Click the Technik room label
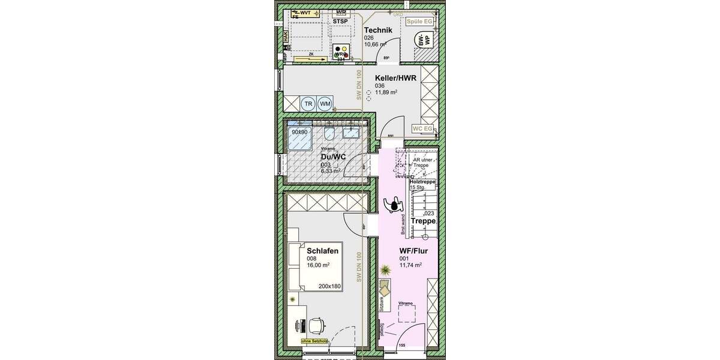click(x=378, y=30)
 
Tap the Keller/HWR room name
click(x=395, y=78)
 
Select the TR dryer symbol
click(x=308, y=104)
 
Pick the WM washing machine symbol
click(x=325, y=104)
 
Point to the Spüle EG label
click(x=419, y=21)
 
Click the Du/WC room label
click(x=333, y=157)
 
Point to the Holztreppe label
click(x=422, y=182)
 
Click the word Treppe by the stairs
click(x=423, y=221)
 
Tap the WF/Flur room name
click(x=413, y=251)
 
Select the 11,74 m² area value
click(x=410, y=265)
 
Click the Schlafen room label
click(x=322, y=251)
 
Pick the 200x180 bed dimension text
click(x=329, y=286)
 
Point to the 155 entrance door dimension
click(x=401, y=346)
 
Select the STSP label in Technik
click(x=340, y=21)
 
